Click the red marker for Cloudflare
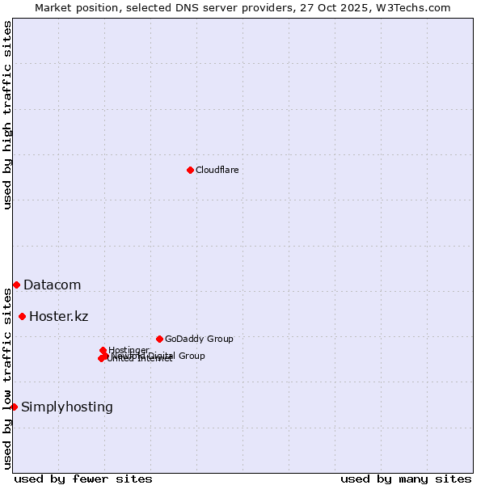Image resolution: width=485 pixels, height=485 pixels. pyautogui.click(x=190, y=170)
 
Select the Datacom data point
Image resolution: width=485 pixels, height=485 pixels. pyautogui.click(x=16, y=285)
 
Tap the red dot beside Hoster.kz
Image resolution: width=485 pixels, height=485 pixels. pyautogui.click(x=22, y=316)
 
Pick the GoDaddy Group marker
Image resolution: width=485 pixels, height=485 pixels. pyautogui.click(x=159, y=339)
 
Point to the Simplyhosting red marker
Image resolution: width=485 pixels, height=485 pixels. pyautogui.click(x=14, y=407)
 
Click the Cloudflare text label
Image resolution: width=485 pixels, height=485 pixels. pyautogui.click(x=217, y=170)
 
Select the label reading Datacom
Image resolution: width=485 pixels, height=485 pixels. pyautogui.click(x=52, y=285)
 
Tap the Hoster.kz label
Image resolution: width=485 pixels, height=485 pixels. pyautogui.click(x=58, y=316)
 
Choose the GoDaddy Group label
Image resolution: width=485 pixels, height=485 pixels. pyautogui.click(x=199, y=339)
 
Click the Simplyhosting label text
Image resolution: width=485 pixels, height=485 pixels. pyautogui.click(x=67, y=407)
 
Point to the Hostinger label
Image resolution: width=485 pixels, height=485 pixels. pyautogui.click(x=129, y=350)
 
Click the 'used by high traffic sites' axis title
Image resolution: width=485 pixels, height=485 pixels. pyautogui.click(x=8, y=115)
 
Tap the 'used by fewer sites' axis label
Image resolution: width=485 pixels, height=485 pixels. pyautogui.click(x=83, y=479)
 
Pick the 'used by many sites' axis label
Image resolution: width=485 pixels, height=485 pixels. pyautogui.click(x=406, y=479)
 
